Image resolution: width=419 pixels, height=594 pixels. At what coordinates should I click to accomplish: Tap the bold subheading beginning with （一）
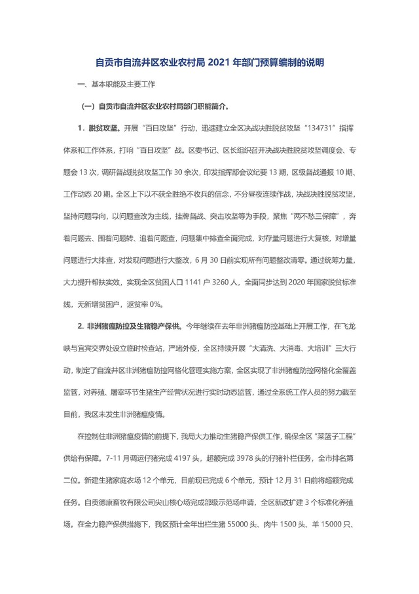coord(155,106)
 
